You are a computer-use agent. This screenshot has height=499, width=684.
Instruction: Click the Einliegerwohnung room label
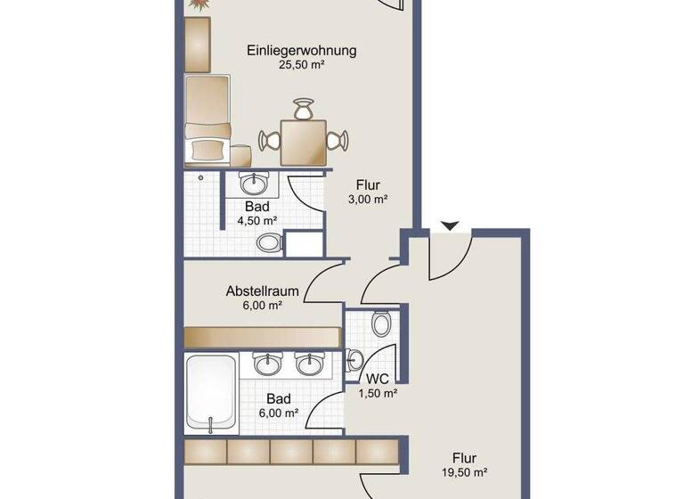(301, 50)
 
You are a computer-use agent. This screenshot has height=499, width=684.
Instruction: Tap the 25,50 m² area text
(301, 65)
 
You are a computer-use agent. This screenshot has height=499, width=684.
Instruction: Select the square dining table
(302, 142)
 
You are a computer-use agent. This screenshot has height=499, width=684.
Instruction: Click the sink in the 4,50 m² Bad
(256, 184)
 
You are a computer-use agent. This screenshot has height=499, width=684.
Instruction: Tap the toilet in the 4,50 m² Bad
(268, 241)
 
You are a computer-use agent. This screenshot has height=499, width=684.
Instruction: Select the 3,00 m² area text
(367, 200)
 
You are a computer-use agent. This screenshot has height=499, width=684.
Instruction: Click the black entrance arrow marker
(451, 227)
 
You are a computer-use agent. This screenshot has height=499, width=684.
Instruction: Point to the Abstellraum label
(260, 290)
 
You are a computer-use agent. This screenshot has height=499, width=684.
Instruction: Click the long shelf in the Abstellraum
(264, 337)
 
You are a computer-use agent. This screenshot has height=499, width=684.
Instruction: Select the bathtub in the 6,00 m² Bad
(211, 392)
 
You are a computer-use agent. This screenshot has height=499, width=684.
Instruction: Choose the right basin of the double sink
(308, 364)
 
